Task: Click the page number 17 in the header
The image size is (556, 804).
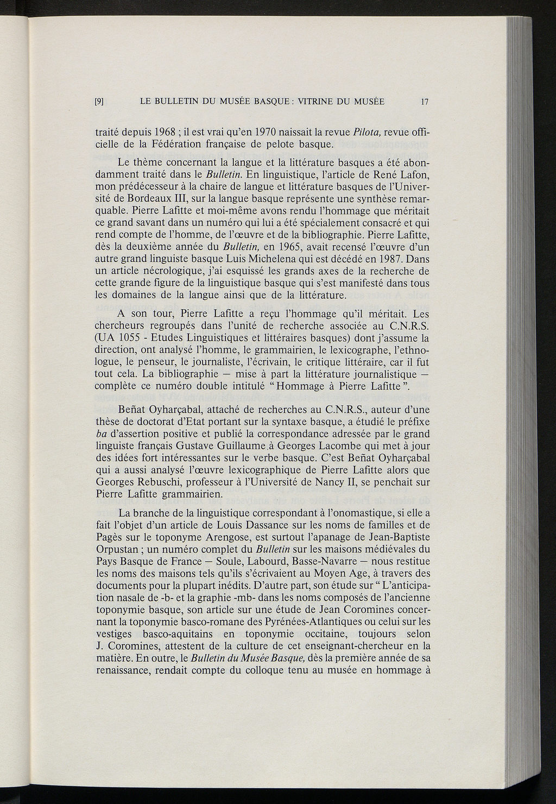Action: tap(425, 101)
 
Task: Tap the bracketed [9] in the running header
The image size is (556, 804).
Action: tap(99, 101)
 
